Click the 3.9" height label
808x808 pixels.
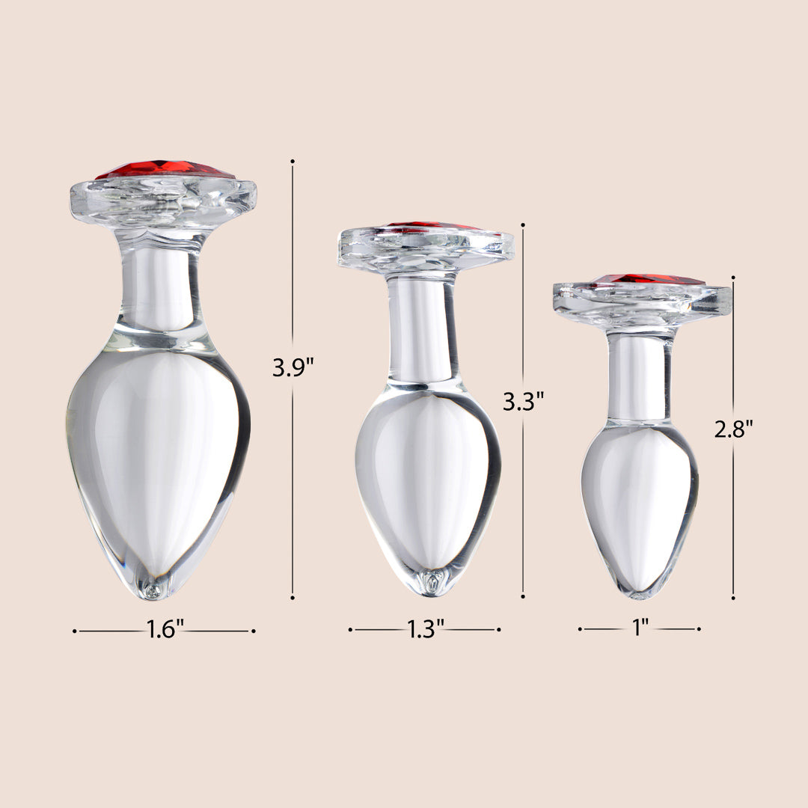[x=293, y=368]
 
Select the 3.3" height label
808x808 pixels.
[x=523, y=401]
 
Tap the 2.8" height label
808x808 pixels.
[x=733, y=429]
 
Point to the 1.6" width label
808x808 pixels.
[x=165, y=629]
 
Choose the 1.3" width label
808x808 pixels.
[x=426, y=628]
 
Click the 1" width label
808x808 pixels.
[x=640, y=628]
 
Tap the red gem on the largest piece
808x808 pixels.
[x=165, y=170]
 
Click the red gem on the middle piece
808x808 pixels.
[x=433, y=226]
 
